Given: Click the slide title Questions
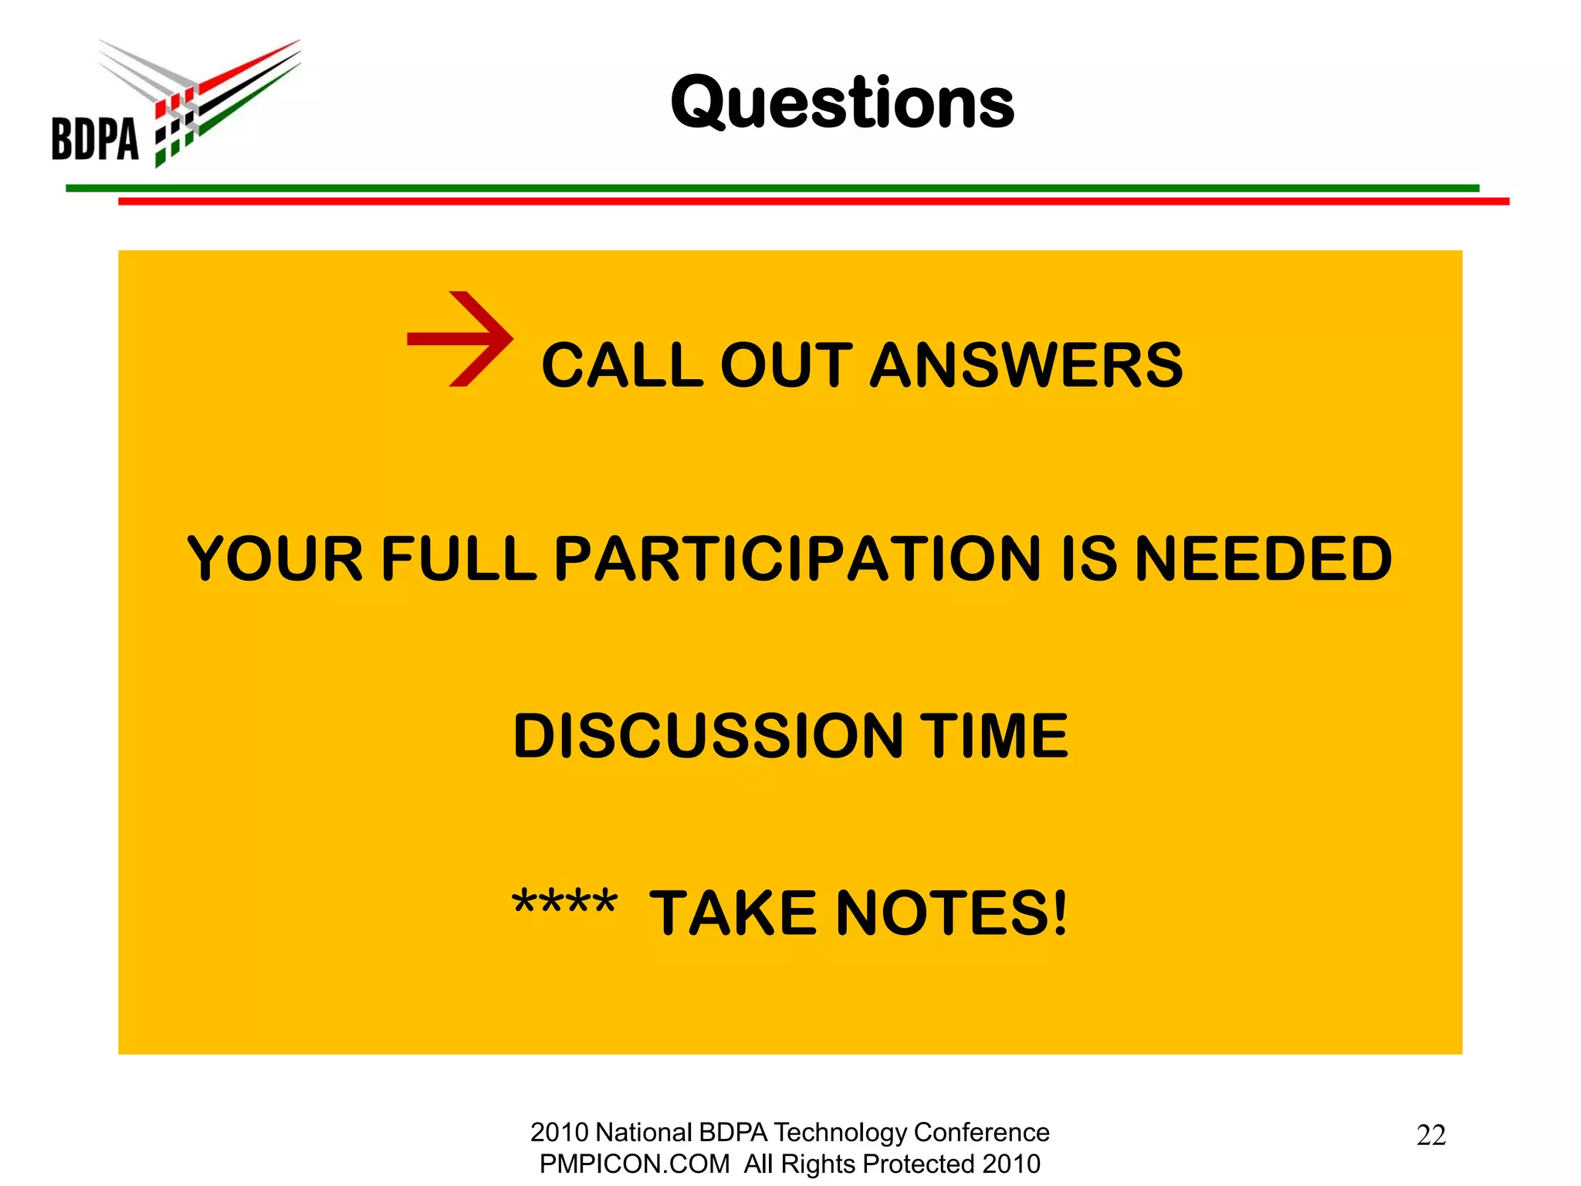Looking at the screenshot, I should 842,103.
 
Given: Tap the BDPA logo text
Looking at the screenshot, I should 95,140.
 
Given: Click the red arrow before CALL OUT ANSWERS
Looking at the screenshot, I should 460,339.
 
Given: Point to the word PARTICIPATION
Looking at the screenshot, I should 798,559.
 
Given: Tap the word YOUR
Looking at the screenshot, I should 275,559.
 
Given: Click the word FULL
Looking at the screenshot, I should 459,559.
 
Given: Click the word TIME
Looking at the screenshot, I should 997,736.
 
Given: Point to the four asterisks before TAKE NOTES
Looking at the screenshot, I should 565,903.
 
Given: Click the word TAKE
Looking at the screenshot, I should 733,913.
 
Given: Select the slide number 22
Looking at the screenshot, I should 1430,1135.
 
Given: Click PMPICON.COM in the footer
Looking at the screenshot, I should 634,1164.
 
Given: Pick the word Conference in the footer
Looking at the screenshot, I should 981,1132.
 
